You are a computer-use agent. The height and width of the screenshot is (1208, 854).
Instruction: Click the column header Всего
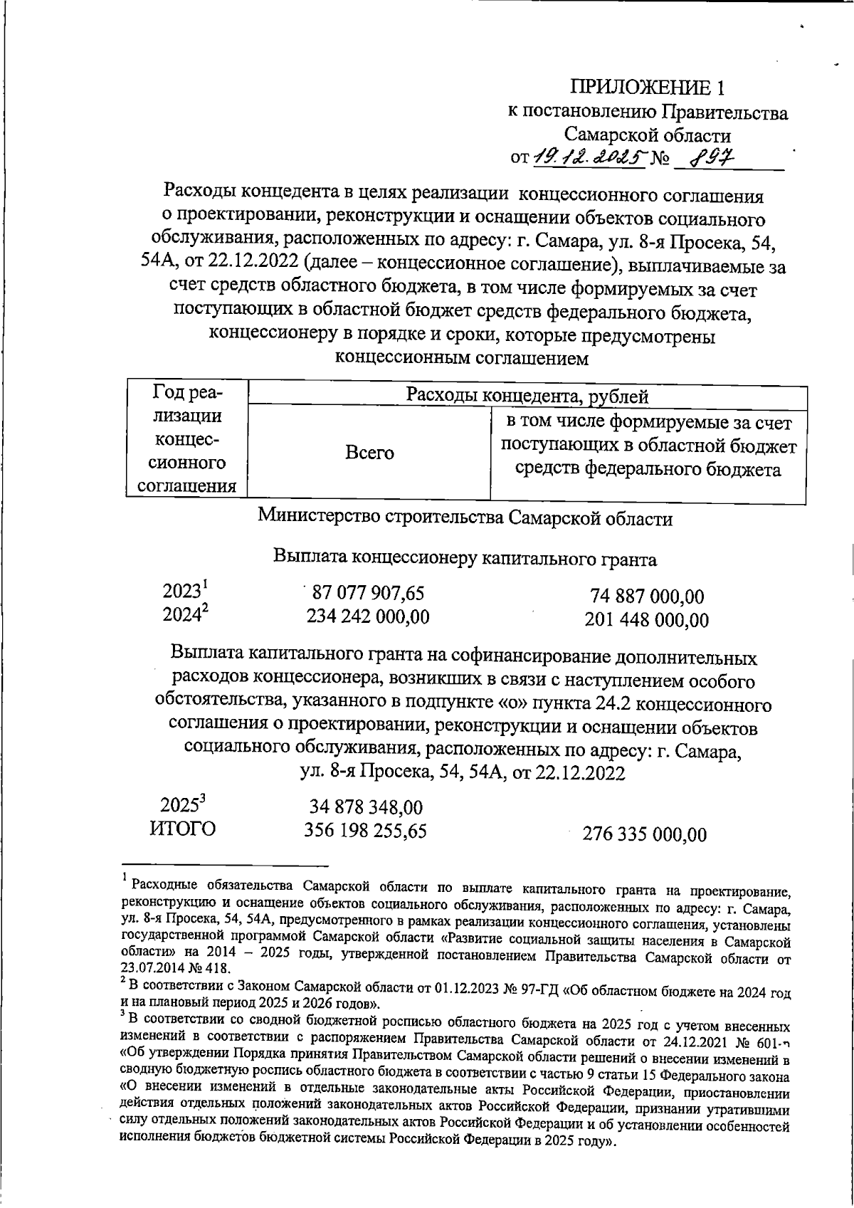[x=369, y=453]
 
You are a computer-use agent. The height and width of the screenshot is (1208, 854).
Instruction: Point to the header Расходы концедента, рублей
[x=527, y=396]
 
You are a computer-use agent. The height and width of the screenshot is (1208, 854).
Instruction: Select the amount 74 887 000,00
[x=647, y=597]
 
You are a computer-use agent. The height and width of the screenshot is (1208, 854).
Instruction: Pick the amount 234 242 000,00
[x=368, y=616]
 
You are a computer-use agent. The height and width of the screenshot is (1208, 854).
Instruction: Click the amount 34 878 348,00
[x=366, y=807]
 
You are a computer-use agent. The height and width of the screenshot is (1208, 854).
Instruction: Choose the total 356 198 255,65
[x=366, y=831]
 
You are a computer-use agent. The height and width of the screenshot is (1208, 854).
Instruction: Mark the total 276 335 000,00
[x=645, y=834]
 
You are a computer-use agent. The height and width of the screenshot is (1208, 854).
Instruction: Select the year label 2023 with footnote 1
[x=184, y=592]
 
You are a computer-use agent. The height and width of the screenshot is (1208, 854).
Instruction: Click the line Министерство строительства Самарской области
[x=465, y=518]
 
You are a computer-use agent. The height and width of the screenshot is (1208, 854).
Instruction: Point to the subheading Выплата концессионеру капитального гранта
[x=465, y=559]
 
